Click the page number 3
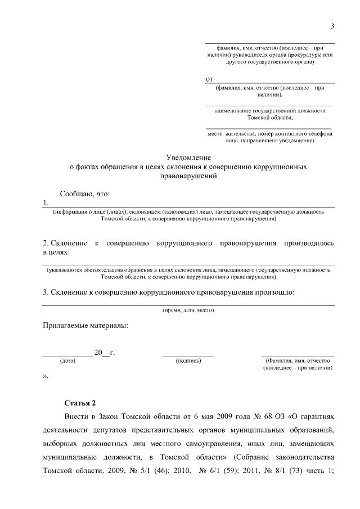tap(332, 26)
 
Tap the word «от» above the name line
tap(210, 79)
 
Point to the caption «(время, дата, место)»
tap(188, 310)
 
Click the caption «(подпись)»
tap(188, 361)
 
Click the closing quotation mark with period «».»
tap(46, 376)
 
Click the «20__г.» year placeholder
tap(105, 353)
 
